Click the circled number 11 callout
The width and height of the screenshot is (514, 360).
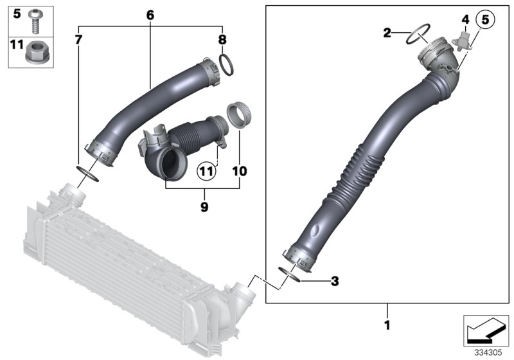coord(205,172)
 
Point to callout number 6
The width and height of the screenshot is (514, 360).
coord(150,14)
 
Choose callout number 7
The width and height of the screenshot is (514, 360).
coord(78,40)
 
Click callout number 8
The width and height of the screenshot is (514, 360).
coord(222,40)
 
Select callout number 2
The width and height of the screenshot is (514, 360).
coord(387,33)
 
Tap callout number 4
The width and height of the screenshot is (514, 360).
coord(465,20)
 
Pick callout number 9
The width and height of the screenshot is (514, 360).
coord(204,207)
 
